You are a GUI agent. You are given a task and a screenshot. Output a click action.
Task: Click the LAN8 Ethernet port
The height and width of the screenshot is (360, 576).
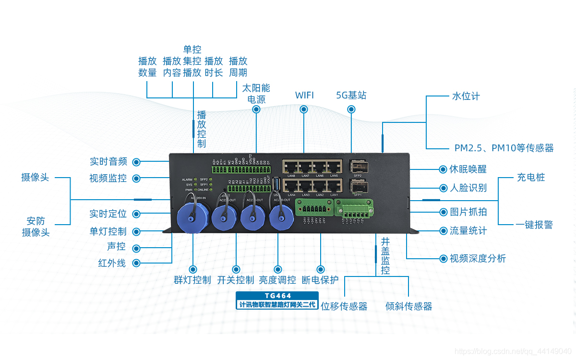[291, 168]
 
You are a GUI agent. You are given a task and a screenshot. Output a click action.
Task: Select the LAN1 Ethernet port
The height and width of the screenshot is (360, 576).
[334, 186]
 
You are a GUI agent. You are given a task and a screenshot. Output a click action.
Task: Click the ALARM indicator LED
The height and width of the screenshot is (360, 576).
[195, 180]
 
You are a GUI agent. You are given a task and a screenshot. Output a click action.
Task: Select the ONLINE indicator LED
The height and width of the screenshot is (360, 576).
[211, 190]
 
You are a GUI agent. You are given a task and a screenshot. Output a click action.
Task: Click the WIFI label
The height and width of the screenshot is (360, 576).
[304, 95]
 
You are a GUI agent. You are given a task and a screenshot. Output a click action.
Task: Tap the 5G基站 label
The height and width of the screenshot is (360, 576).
[351, 95]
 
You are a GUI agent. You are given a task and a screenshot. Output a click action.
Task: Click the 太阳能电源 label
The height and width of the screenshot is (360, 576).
[256, 94]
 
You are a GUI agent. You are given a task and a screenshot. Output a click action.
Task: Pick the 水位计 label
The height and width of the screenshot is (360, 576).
[466, 96]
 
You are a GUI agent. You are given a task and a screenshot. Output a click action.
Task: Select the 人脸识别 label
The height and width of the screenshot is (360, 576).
[468, 188]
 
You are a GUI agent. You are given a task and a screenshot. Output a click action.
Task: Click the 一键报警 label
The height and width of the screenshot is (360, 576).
[534, 225]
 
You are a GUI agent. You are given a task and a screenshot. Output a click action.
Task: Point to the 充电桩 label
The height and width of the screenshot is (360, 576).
[531, 177]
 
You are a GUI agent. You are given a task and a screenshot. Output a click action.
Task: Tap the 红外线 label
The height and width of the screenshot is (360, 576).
[112, 263]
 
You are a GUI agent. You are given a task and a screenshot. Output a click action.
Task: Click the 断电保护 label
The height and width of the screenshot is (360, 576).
[320, 280]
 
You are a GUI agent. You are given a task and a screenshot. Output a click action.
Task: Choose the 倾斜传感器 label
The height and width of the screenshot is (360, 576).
[408, 306]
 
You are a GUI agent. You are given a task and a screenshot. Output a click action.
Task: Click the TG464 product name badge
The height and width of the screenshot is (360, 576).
[278, 296]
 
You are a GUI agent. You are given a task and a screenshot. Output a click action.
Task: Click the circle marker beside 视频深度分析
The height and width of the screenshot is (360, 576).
[443, 259]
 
